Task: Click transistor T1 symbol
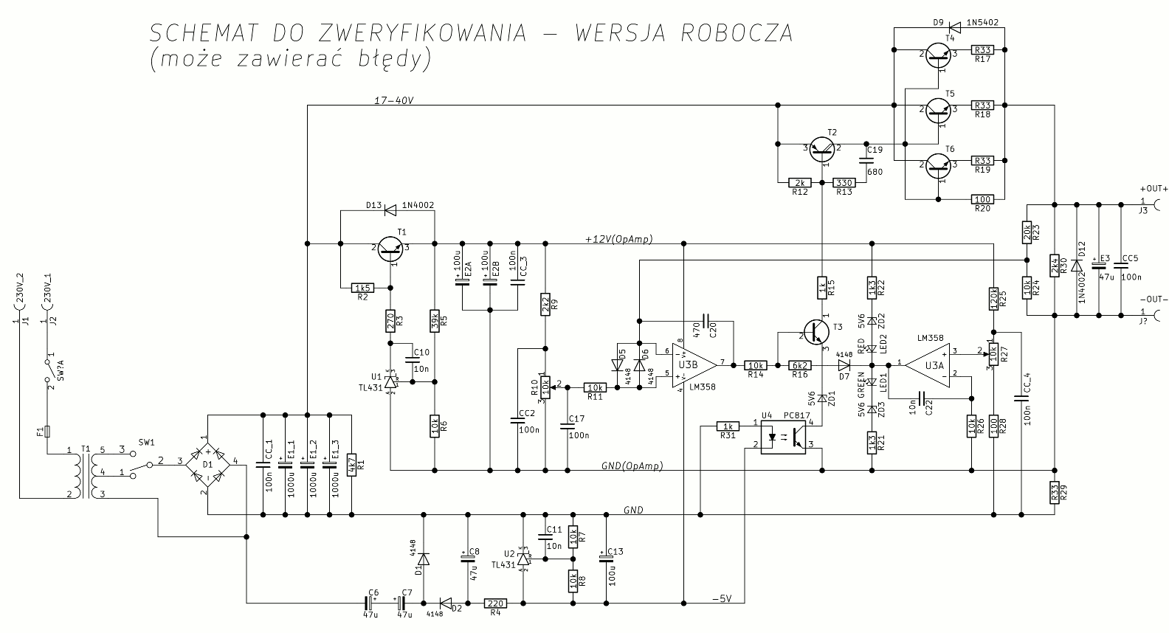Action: [389, 249]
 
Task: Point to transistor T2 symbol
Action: [822, 150]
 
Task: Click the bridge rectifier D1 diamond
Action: [208, 463]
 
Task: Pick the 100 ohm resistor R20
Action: [983, 199]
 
